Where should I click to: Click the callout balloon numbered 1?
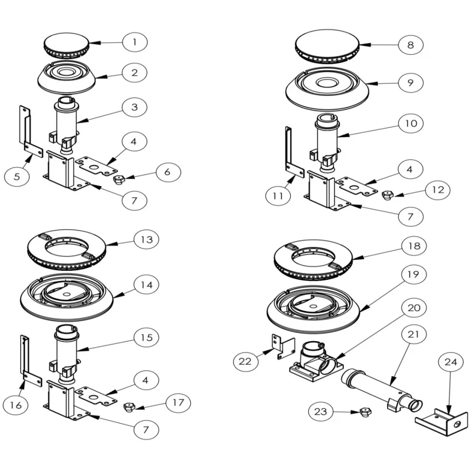(135, 42)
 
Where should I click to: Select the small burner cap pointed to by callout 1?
(66, 46)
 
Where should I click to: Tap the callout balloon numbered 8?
(410, 45)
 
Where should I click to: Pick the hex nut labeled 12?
(387, 194)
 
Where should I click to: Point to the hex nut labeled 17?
(128, 406)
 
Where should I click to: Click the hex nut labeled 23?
(365, 412)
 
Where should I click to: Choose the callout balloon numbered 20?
(413, 308)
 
